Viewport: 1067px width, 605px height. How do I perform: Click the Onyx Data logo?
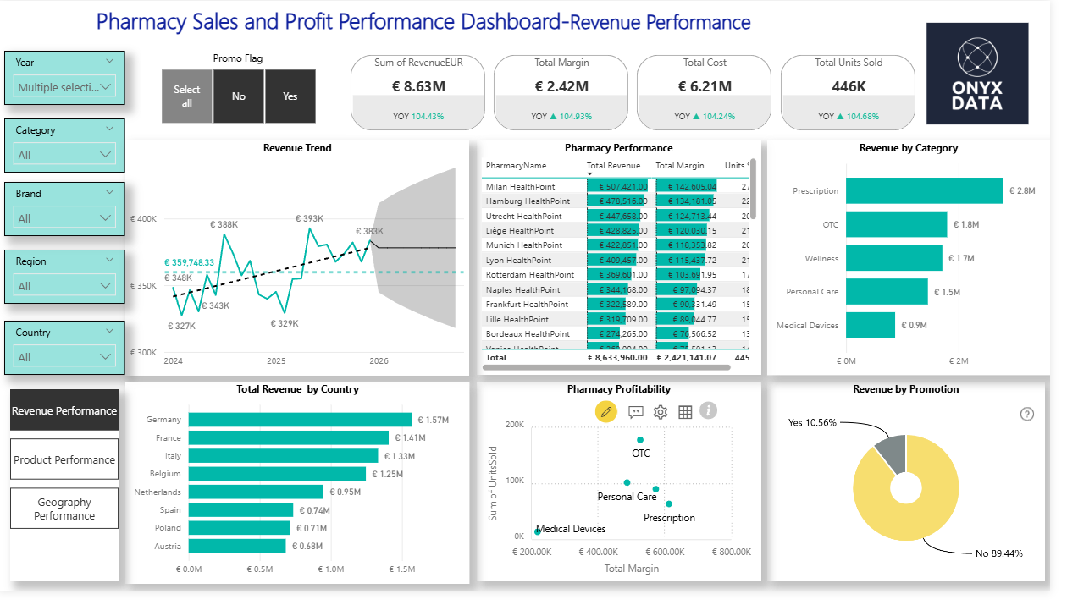(x=977, y=74)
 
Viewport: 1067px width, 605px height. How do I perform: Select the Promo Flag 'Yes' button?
(x=290, y=96)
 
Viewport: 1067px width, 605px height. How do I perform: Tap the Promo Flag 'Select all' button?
(x=187, y=96)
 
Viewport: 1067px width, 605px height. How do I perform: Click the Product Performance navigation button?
(x=64, y=460)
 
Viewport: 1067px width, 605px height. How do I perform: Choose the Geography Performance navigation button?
(x=64, y=509)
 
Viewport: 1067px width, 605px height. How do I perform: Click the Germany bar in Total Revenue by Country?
(x=300, y=420)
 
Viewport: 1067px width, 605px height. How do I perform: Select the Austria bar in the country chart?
(x=237, y=547)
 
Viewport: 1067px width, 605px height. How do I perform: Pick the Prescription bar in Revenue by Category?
(x=924, y=190)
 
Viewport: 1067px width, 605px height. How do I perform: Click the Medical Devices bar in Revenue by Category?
(x=870, y=325)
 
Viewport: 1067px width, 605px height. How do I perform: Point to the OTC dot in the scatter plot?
(x=640, y=440)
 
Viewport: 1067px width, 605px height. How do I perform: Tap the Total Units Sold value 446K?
(x=848, y=85)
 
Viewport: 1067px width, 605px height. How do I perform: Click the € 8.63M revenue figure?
(x=418, y=85)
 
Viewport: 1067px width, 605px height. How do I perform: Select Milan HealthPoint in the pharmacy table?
(x=522, y=186)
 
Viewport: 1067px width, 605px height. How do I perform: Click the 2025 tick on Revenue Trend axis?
(x=276, y=361)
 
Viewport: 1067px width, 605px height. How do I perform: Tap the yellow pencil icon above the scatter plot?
(x=605, y=411)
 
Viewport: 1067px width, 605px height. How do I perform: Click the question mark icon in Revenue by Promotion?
(x=1027, y=414)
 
